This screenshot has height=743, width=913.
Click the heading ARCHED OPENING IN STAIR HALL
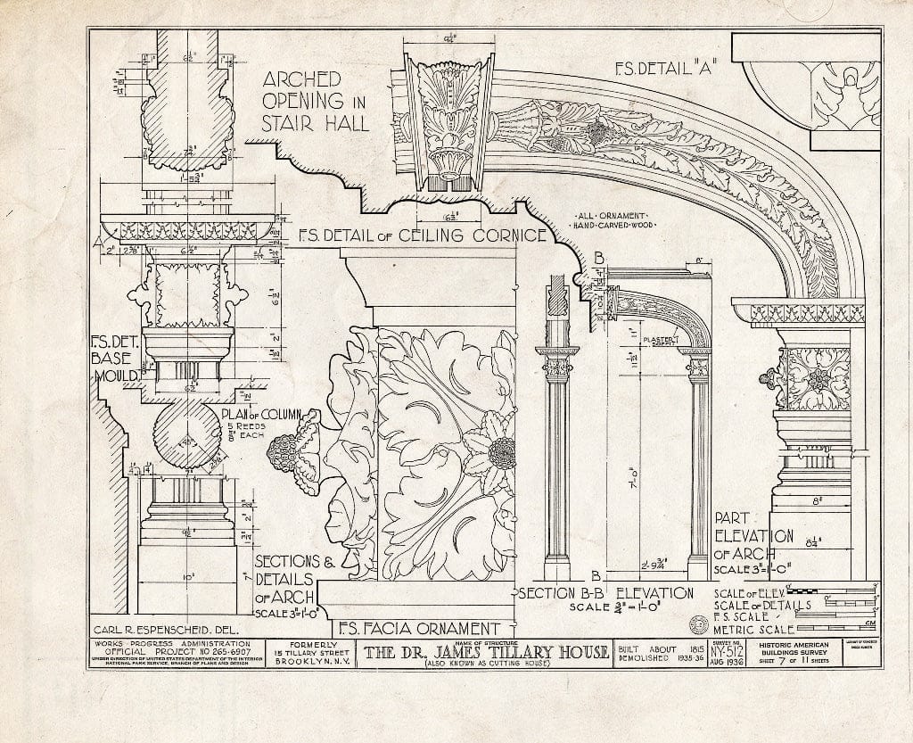[315, 99]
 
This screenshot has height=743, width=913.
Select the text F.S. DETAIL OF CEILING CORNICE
[422, 236]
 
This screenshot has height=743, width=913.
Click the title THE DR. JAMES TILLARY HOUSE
[484, 652]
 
